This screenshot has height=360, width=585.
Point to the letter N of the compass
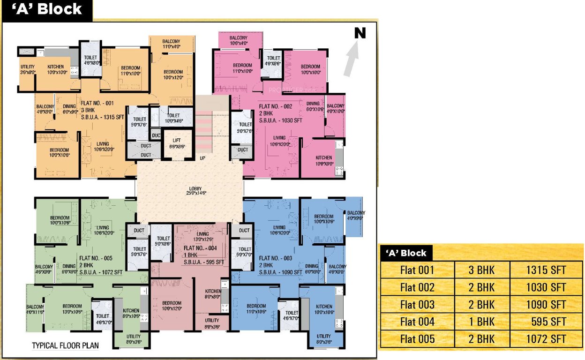tap(360, 33)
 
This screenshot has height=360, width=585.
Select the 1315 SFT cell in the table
tap(546, 270)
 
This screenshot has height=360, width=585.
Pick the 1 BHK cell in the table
tap(482, 322)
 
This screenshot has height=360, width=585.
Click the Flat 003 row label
tap(417, 305)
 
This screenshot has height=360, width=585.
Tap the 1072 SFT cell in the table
tap(546, 339)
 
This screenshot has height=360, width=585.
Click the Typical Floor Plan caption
tap(65, 346)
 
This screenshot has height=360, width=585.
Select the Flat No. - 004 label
tap(200, 248)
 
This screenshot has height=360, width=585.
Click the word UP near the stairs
tap(202, 158)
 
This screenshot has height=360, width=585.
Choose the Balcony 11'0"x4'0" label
tap(171, 44)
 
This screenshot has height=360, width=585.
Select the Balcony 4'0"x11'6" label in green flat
tap(35, 310)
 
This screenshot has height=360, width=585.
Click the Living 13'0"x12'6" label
tap(202, 237)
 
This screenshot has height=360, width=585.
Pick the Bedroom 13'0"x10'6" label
tap(73, 309)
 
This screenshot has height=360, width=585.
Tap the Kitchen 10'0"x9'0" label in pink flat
tap(323, 160)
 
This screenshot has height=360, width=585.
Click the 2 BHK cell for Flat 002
tap(482, 287)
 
